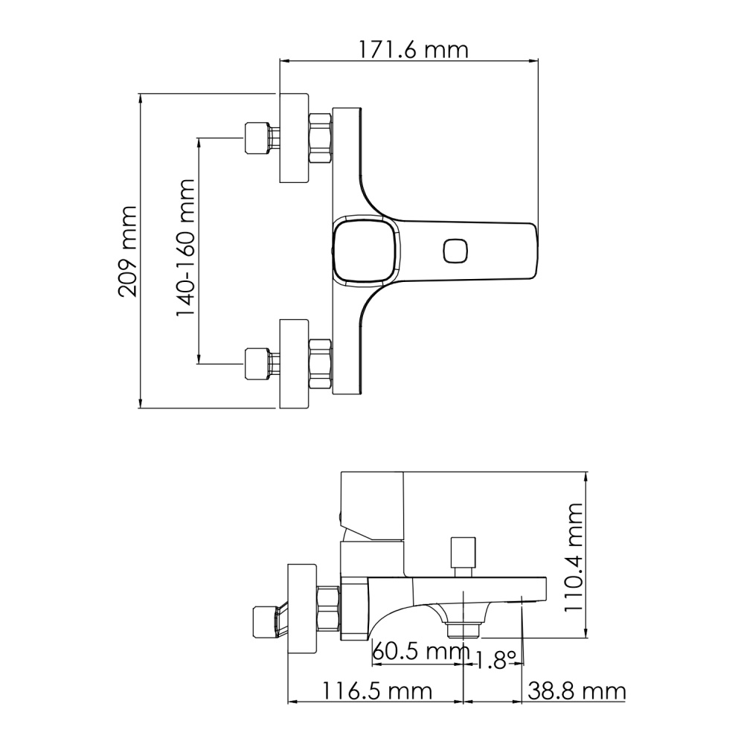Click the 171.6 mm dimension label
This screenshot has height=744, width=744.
point(408,50)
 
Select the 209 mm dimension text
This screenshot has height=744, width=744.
point(127,251)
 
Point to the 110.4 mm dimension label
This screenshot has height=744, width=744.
point(573,557)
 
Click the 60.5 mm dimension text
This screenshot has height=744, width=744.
point(420,652)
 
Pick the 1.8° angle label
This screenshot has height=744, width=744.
point(496,660)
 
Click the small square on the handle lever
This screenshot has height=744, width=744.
point(455,251)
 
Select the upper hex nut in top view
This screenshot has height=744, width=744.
point(320,138)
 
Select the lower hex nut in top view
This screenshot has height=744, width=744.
point(320,364)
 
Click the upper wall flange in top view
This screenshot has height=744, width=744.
point(293,138)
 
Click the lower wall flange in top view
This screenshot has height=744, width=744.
point(293,364)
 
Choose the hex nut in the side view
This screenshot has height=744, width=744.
point(328,609)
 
